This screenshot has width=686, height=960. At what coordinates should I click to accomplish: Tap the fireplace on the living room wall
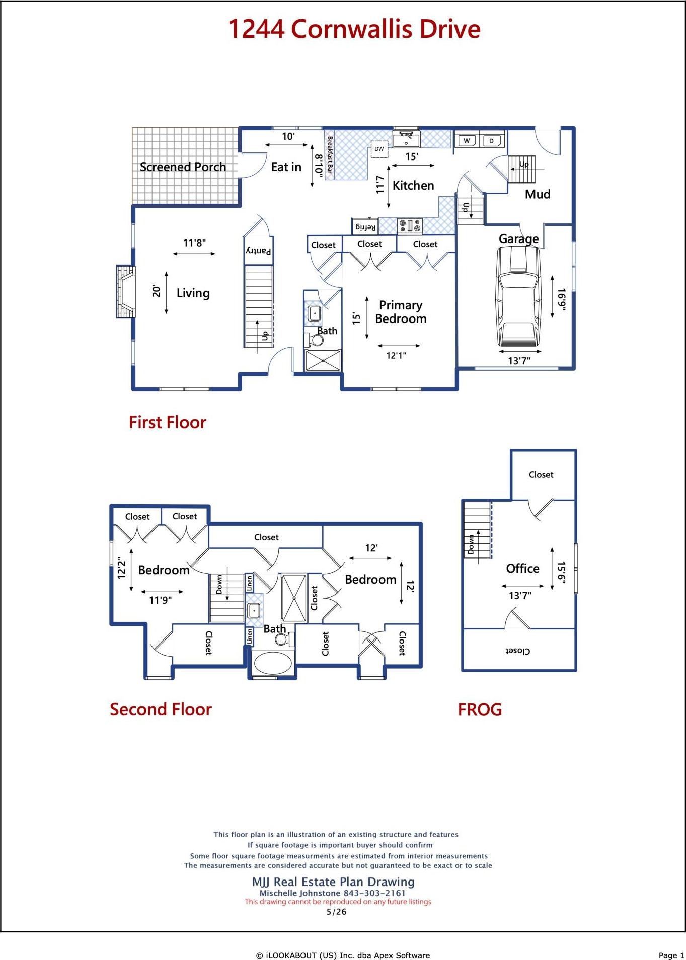(x=126, y=291)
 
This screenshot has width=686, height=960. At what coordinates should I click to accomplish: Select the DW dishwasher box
(x=379, y=149)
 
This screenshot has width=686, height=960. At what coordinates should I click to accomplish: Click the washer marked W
(x=467, y=140)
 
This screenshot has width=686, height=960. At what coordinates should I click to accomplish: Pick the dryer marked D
(x=492, y=140)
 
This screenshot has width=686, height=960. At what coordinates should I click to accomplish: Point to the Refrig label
(x=365, y=227)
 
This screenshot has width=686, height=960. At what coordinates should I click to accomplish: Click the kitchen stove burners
(x=410, y=226)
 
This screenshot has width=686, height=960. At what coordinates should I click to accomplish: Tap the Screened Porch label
(x=183, y=167)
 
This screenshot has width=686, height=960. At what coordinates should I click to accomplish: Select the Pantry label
(x=259, y=251)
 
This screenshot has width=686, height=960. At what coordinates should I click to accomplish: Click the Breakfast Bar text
(x=330, y=154)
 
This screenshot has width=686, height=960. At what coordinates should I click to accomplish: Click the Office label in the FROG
(x=522, y=568)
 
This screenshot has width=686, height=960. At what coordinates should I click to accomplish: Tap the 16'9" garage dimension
(x=562, y=299)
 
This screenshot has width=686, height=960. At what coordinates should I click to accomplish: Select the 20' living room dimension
(x=157, y=291)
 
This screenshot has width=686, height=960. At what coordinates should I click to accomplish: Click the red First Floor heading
(x=168, y=422)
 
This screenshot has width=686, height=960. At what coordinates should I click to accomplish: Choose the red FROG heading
(x=480, y=710)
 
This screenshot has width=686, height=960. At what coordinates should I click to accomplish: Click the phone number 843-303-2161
(x=374, y=893)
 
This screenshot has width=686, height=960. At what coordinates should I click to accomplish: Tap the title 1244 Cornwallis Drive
(x=354, y=29)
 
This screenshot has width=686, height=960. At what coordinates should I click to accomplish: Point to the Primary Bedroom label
(x=401, y=312)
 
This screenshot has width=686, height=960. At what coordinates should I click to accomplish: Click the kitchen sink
(x=406, y=139)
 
